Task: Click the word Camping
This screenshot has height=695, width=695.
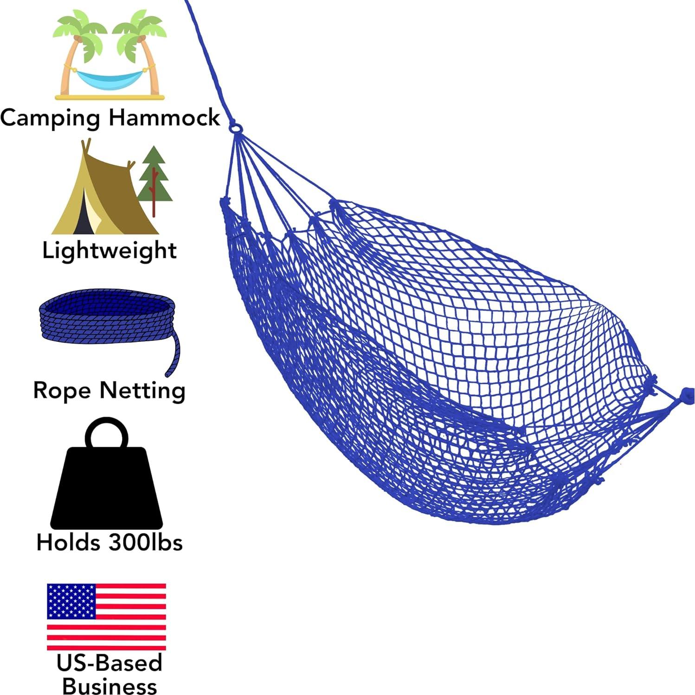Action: coord(50,118)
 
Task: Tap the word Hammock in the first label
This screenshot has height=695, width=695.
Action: coord(164,117)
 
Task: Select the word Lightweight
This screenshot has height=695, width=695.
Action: coord(109,251)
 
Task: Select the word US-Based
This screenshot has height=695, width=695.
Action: coord(109,663)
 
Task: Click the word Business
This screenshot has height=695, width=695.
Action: coord(109,686)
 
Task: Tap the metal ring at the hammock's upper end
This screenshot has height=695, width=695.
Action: coord(235,126)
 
